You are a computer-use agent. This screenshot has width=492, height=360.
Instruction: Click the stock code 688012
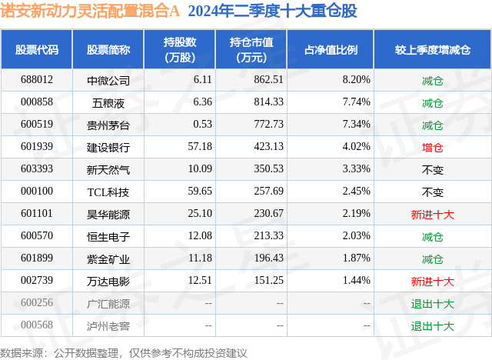tap(37, 79)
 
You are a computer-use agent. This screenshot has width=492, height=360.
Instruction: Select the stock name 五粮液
tap(108, 102)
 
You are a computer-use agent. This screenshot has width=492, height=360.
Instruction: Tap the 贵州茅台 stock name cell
tap(108, 124)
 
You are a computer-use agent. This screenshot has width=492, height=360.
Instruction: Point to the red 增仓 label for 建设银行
tap(433, 146)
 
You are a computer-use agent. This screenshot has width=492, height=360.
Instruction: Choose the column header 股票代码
tap(37, 49)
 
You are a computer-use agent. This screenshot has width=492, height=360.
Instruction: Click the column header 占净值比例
tap(336, 49)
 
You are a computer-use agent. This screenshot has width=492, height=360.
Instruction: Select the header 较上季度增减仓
tap(433, 49)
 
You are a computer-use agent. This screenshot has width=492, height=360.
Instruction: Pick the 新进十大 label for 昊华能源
tap(433, 213)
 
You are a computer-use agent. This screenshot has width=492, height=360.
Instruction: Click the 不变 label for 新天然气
tap(433, 168)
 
